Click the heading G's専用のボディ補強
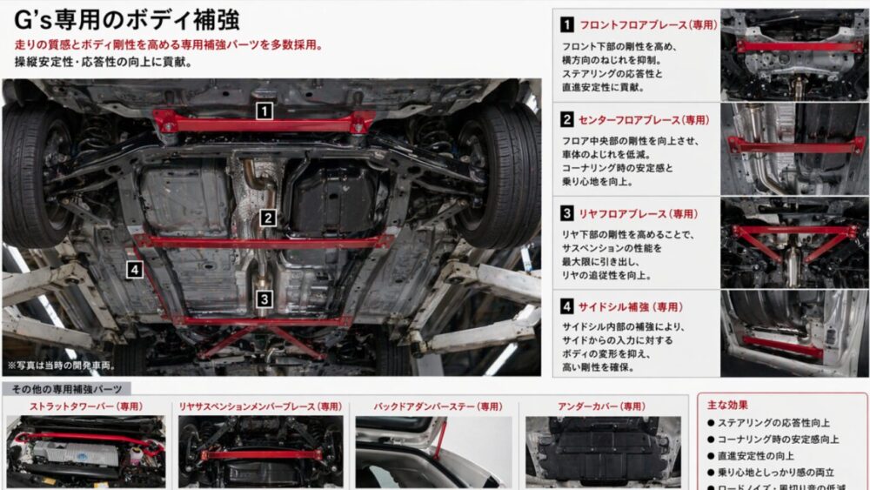[x=127, y=21]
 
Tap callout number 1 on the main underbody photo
[x=264, y=111]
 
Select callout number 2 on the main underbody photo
[x=268, y=219]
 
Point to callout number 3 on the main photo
[x=264, y=299]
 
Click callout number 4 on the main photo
[x=134, y=270]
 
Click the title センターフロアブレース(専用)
[x=645, y=119]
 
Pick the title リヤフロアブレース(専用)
[x=638, y=213]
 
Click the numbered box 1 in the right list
[x=566, y=25]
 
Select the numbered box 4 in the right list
[x=566, y=306]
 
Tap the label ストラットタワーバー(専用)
[x=86, y=406]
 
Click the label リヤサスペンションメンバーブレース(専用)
[x=260, y=406]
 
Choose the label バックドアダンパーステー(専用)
[x=438, y=406]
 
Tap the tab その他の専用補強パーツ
[x=67, y=389]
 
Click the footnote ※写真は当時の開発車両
[x=61, y=366]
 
